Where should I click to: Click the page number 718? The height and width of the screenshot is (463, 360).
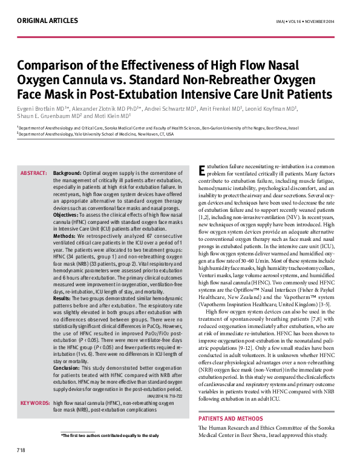pos(21,450)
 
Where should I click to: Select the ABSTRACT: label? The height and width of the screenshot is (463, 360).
pos(34,173)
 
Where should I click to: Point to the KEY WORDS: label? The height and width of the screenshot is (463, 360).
pos(34,402)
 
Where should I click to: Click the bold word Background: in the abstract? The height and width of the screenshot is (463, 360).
pos(67,173)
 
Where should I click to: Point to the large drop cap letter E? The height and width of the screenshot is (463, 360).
pos(203,171)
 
